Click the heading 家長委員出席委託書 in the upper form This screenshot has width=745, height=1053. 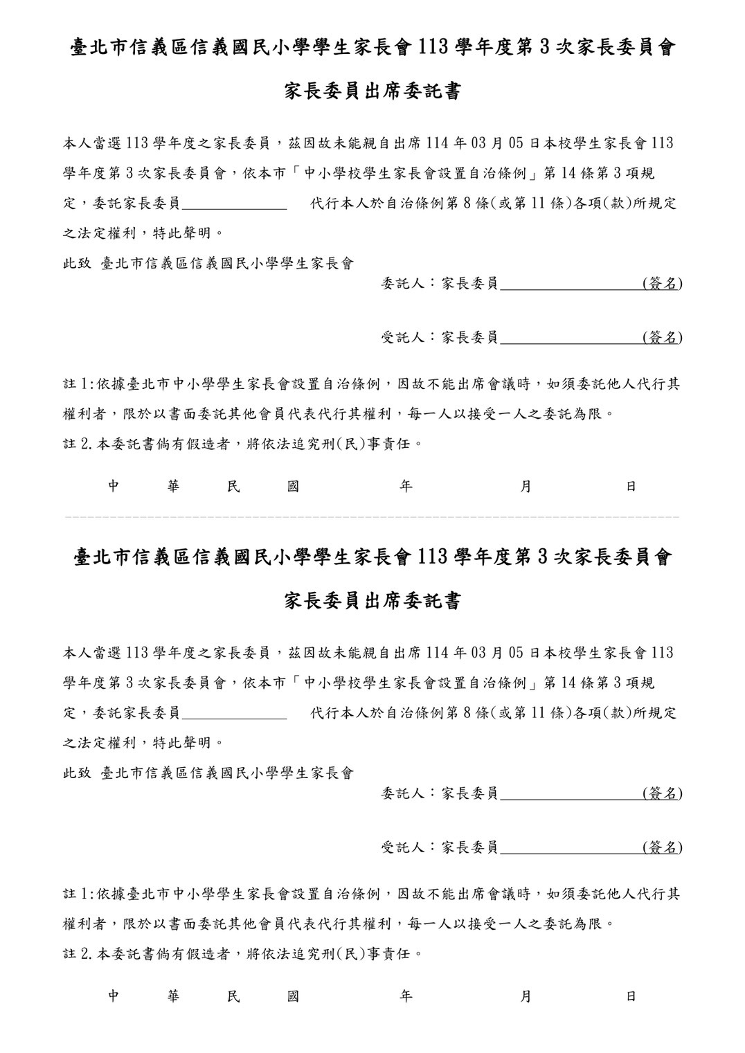pyautogui.click(x=372, y=91)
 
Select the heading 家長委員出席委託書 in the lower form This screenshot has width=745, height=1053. pyautogui.click(x=372, y=601)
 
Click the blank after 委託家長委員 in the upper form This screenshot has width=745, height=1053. pyautogui.click(x=234, y=204)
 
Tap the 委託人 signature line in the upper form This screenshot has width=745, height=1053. pyautogui.click(x=571, y=284)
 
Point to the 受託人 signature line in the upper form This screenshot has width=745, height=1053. pyautogui.click(x=571, y=338)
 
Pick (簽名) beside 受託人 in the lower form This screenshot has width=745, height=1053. pyautogui.click(x=662, y=847)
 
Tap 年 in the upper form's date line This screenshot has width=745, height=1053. pyautogui.click(x=406, y=487)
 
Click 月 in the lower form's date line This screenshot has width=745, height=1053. pyautogui.click(x=526, y=996)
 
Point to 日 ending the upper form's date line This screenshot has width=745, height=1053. pyautogui.click(x=631, y=487)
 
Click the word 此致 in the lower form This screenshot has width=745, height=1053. pyautogui.click(x=77, y=773)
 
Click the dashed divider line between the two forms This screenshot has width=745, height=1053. pyautogui.click(x=372, y=517)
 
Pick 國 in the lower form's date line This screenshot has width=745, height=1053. pyautogui.click(x=293, y=996)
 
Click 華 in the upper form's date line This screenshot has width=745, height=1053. pyautogui.click(x=174, y=487)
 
